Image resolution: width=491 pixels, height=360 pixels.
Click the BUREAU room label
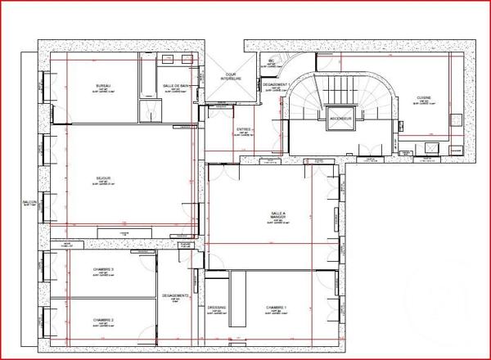(103, 86)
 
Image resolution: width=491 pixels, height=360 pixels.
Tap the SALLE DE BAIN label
(176, 86)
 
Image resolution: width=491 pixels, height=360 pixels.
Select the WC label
(271, 61)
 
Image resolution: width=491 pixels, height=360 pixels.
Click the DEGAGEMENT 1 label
(277, 84)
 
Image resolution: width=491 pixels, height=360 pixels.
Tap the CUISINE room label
(423, 97)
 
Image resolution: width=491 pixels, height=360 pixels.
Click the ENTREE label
(244, 129)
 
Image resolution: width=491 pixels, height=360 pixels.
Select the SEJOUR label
(102, 178)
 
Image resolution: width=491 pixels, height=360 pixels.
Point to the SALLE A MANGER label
(278, 214)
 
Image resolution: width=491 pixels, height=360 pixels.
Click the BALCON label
(29, 205)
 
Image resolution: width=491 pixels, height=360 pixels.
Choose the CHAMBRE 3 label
(102, 270)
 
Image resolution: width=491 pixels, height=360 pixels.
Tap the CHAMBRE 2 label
(102, 319)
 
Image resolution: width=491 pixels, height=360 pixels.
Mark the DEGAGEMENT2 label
(176, 295)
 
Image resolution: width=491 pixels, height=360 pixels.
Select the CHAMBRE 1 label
(278, 308)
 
